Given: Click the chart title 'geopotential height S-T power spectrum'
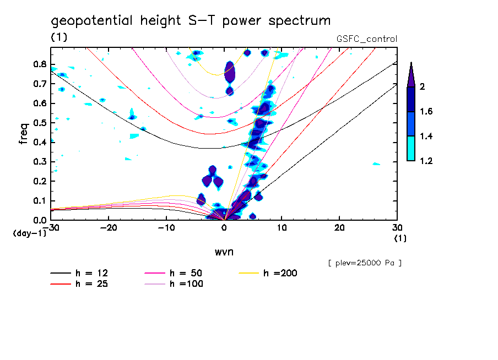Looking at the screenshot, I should [191, 21].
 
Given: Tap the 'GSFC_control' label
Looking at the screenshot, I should [366, 39].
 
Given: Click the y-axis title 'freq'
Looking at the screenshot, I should [24, 133].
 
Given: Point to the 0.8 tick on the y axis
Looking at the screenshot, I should [39, 64].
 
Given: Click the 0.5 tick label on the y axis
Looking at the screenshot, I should [39, 122].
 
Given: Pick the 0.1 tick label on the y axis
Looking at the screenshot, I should [39, 200].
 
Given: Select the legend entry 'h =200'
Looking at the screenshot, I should [279, 273].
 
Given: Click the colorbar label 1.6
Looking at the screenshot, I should [426, 112].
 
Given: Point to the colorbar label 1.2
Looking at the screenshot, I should [426, 161].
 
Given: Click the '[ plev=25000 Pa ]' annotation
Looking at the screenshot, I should [365, 263].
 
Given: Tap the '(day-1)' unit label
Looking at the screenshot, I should [29, 233].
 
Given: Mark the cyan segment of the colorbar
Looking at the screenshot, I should [411, 149].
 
